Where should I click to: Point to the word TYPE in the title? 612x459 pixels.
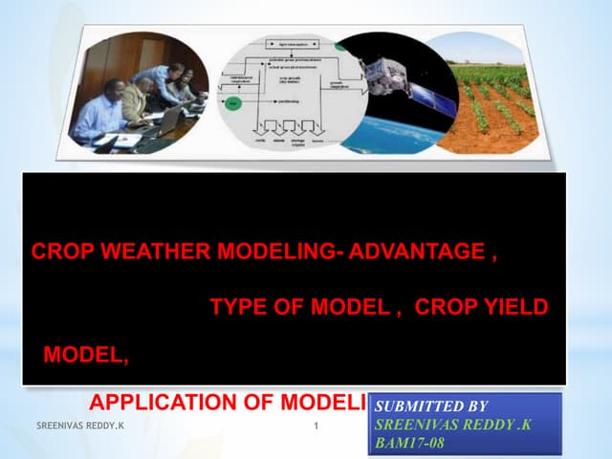click(x=234, y=307)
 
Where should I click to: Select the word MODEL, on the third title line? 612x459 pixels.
click(x=85, y=356)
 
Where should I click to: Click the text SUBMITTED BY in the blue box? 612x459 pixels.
click(x=420, y=407)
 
